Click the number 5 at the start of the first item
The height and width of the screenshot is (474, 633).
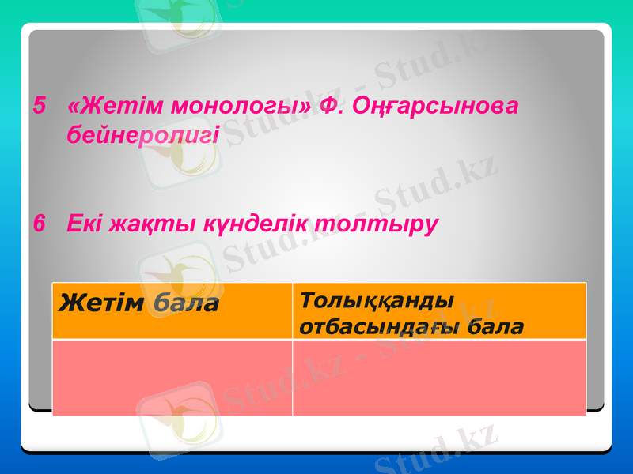coord(39,105)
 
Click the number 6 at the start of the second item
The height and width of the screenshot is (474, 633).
coord(39,224)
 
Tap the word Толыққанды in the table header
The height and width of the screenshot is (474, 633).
coord(378,301)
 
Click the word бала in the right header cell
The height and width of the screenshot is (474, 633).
coord(495,325)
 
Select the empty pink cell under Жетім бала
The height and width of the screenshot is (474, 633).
coord(172,378)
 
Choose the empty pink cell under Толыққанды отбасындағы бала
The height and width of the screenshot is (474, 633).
coord(439,378)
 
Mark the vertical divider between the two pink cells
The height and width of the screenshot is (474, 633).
coord(292,378)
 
